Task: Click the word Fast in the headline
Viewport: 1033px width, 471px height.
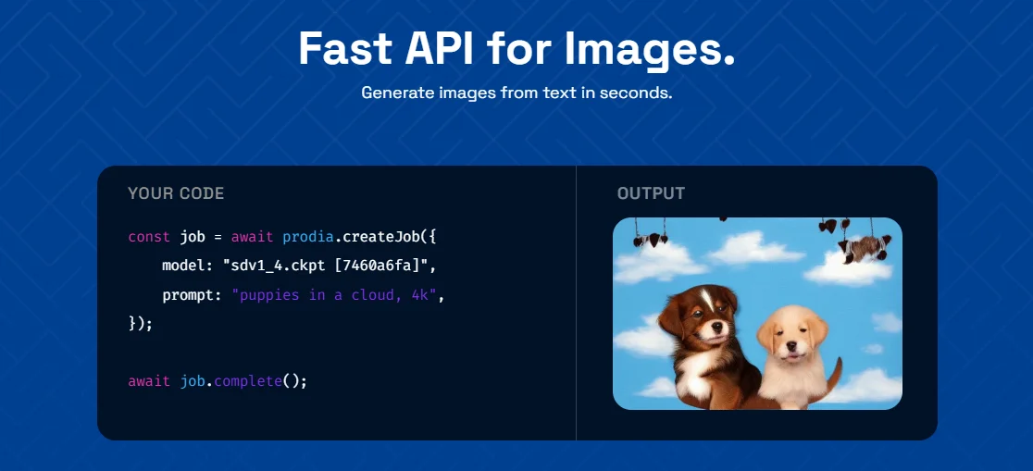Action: coord(346,48)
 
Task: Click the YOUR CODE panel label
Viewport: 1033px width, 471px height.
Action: coord(176,193)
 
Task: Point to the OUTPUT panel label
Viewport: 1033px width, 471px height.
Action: coord(651,193)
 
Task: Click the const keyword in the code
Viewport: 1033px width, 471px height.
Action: coord(149,237)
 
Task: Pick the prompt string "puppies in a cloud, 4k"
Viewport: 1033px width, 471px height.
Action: coord(335,296)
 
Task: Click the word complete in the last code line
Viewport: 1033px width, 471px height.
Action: coord(248,381)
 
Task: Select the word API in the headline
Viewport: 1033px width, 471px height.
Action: coord(440,48)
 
